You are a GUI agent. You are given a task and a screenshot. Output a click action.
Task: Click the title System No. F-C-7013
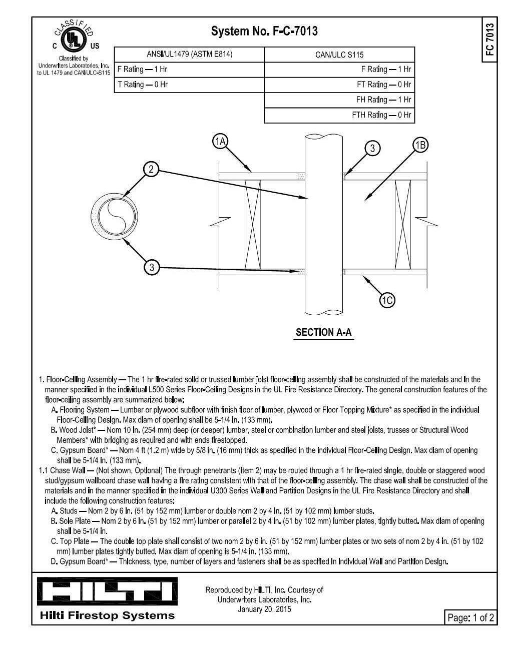264,32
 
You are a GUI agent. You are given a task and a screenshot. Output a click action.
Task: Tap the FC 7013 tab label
489,40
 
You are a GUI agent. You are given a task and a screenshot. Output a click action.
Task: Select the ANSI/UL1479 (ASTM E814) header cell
189,55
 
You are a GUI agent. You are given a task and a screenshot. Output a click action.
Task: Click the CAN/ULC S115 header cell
339,55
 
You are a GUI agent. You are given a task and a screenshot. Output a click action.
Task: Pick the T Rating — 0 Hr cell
189,85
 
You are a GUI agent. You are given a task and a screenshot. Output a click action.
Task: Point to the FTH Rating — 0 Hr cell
339,115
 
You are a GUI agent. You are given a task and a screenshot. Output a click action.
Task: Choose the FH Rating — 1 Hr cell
339,100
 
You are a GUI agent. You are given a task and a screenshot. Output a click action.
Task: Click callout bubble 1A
220,142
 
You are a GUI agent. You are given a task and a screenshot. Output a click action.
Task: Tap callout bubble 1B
420,145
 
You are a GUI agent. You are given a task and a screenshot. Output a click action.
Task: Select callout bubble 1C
387,300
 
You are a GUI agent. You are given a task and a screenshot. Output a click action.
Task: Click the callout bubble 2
151,169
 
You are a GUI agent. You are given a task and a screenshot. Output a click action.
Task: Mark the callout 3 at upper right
372,148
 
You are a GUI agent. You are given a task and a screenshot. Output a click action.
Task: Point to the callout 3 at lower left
152,267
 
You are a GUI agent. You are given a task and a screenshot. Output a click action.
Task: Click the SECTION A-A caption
324,332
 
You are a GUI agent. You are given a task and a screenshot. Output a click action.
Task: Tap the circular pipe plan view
115,217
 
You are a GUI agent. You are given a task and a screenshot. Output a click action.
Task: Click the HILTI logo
107,591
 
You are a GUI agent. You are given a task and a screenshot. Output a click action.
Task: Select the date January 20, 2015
264,609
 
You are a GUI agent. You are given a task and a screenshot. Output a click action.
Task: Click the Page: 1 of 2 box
470,617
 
